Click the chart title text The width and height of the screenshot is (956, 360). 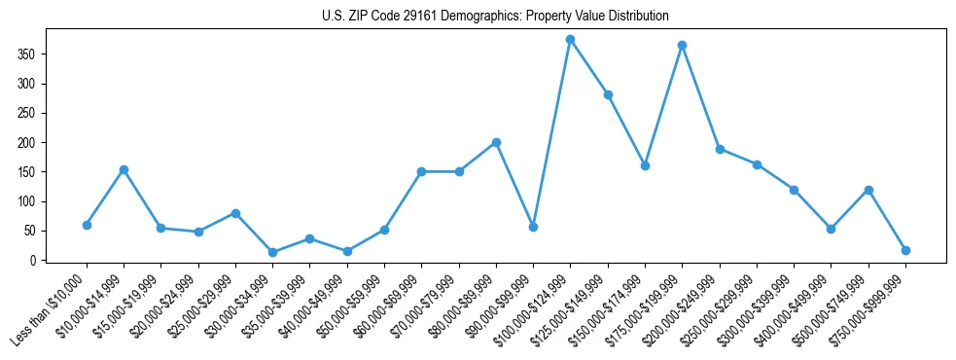[495, 16]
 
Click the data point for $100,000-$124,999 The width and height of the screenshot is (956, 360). [571, 39]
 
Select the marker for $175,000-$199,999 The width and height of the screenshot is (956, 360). [683, 45]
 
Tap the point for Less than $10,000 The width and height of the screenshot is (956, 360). [87, 225]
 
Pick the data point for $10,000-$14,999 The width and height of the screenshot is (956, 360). [124, 169]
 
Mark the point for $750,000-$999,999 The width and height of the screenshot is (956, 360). [905, 250]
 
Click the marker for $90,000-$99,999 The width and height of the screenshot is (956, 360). [533, 227]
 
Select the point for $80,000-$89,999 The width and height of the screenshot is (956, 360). [496, 142]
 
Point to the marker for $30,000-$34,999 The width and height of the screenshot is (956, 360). [272, 252]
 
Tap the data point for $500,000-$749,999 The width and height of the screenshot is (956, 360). [868, 190]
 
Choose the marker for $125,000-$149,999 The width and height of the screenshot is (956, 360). [608, 94]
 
